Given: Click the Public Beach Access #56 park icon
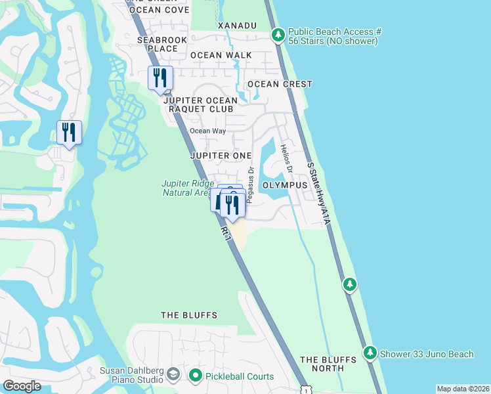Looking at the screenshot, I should [x=278, y=33].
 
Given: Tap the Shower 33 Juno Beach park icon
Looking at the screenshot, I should [x=370, y=354].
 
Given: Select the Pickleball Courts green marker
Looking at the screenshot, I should [x=195, y=376].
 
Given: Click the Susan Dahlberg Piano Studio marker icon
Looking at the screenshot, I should [x=173, y=375].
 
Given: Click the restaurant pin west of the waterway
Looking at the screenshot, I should [x=69, y=133].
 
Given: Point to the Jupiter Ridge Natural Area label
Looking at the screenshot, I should [x=188, y=188].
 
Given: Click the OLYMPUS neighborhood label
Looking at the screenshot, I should [x=285, y=186].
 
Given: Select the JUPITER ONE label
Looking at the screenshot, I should [x=221, y=156].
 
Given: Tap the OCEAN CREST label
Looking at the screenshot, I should [x=280, y=85].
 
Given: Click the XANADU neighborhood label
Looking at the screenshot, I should [x=237, y=25].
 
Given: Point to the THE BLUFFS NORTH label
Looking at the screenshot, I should [x=328, y=364].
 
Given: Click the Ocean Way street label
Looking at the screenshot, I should [x=208, y=131].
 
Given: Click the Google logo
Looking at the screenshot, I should [x=22, y=385].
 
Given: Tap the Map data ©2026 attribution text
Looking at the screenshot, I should [x=463, y=389].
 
